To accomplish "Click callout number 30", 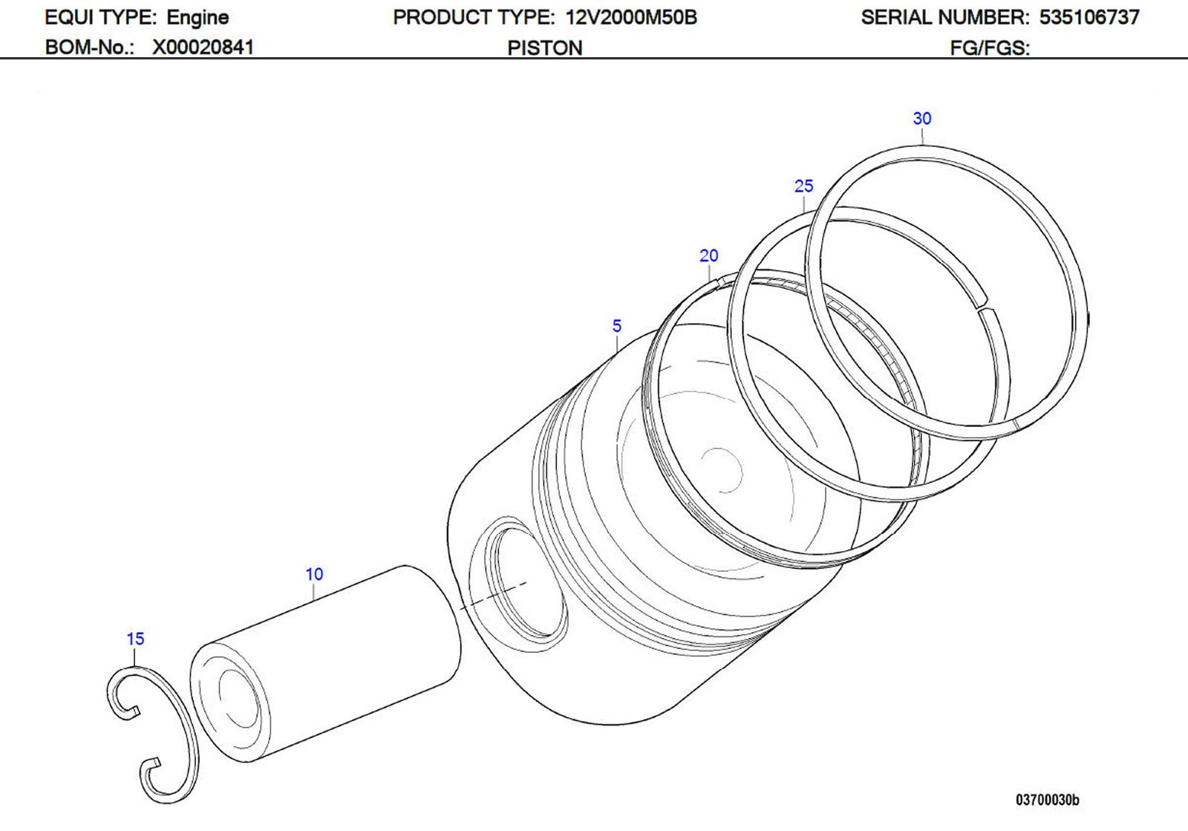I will [x=921, y=119].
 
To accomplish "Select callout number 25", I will [x=803, y=186].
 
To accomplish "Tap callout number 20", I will [x=708, y=256].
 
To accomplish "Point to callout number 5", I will [x=616, y=326].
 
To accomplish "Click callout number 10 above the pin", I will [x=314, y=575].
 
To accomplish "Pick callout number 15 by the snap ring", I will [x=135, y=639].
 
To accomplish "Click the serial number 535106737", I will [x=1089, y=18].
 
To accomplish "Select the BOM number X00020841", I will [x=203, y=48].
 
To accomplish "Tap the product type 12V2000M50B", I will [x=631, y=18].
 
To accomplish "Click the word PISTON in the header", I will [x=544, y=48].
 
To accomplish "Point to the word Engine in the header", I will [x=198, y=18].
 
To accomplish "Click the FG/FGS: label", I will [x=990, y=48].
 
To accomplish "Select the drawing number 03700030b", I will [x=1047, y=800].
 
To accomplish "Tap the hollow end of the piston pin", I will [x=235, y=702].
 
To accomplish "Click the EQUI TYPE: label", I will [x=99, y=18].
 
